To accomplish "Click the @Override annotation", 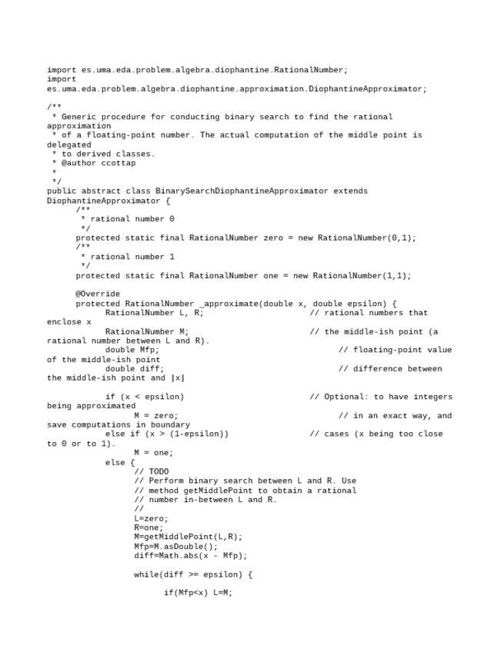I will point(98,294).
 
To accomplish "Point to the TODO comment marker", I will point(159,471).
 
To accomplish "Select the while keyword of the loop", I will point(146,574).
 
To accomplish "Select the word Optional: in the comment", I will point(336,397).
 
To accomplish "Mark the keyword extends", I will point(350,191).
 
